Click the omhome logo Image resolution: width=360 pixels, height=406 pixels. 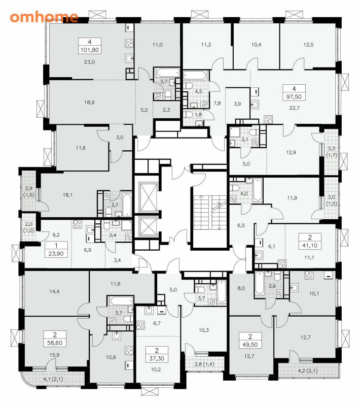pyautogui.click(x=44, y=17)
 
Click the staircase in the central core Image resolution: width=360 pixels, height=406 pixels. pyautogui.click(x=210, y=212)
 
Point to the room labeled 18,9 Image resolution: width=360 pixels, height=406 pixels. pyautogui.click(x=89, y=103)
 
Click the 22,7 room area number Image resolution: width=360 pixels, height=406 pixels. pyautogui.click(x=294, y=108)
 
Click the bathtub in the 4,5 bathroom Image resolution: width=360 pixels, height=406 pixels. pyautogui.click(x=195, y=76)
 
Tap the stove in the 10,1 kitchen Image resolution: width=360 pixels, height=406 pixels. pyautogui.click(x=308, y=275)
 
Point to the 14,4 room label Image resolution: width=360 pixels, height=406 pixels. pyautogui.click(x=55, y=291)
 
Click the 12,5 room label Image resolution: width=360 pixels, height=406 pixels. pyautogui.click(x=308, y=45)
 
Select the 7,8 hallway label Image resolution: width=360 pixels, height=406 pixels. pyautogui.click(x=217, y=103)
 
